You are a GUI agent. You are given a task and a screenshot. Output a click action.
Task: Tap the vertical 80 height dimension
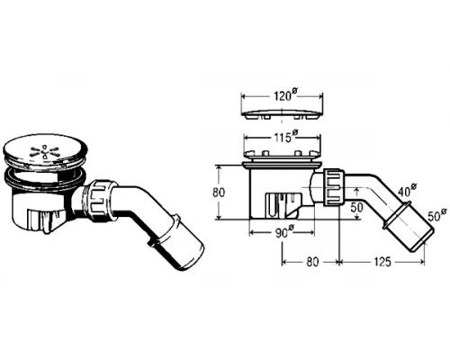click(219, 193)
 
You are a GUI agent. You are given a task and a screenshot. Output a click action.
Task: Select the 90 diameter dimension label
click(284, 232)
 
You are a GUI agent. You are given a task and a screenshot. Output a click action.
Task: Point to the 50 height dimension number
click(356, 207)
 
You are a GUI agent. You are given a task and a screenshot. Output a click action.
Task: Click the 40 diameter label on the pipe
click(408, 191)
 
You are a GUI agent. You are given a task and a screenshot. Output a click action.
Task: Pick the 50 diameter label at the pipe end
click(436, 215)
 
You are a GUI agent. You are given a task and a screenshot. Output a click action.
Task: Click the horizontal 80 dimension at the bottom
click(312, 262)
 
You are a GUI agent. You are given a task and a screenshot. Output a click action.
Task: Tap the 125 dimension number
click(382, 262)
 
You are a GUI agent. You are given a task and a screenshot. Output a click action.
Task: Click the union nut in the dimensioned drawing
click(334, 187)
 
